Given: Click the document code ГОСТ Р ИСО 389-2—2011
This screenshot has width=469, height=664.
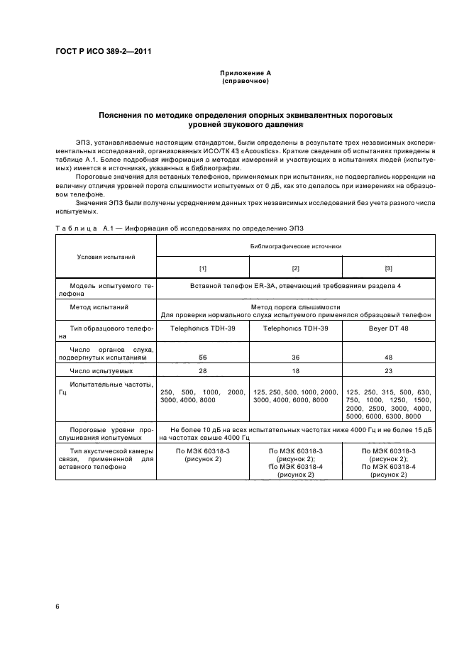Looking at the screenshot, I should click(x=103, y=51).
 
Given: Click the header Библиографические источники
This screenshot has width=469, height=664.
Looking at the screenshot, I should click(x=295, y=246).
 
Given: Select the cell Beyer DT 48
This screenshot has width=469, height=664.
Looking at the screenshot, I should click(x=388, y=329).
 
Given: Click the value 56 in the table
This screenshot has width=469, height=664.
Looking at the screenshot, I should click(x=202, y=358).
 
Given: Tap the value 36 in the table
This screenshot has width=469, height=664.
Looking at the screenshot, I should click(x=295, y=358).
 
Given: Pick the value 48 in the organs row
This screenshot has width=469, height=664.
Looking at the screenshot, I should click(x=388, y=358).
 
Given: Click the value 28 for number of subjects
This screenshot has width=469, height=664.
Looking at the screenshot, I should click(x=202, y=371).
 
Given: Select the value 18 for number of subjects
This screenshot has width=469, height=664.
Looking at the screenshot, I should click(x=295, y=371).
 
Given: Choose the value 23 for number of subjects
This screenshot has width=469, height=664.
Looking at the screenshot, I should click(x=388, y=371).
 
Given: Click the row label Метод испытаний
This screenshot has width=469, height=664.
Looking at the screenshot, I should click(x=99, y=306).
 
